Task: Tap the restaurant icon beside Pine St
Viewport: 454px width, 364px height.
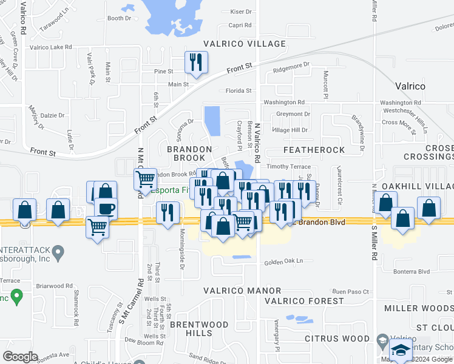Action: click(x=196, y=62)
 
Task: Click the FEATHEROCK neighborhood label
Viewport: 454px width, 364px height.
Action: click(x=314, y=150)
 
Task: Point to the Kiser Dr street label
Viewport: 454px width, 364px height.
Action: click(x=240, y=12)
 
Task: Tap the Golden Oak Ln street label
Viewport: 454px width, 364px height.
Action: click(x=283, y=262)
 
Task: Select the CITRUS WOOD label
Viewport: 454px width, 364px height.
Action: click(x=337, y=339)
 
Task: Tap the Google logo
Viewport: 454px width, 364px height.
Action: click(x=20, y=357)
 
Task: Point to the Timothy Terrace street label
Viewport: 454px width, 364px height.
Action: click(x=289, y=167)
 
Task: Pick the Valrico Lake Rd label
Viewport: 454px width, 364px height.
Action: click(x=51, y=47)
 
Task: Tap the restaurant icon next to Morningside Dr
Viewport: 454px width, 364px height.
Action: click(x=168, y=212)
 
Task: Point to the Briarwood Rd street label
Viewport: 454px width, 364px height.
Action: click(x=53, y=286)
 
